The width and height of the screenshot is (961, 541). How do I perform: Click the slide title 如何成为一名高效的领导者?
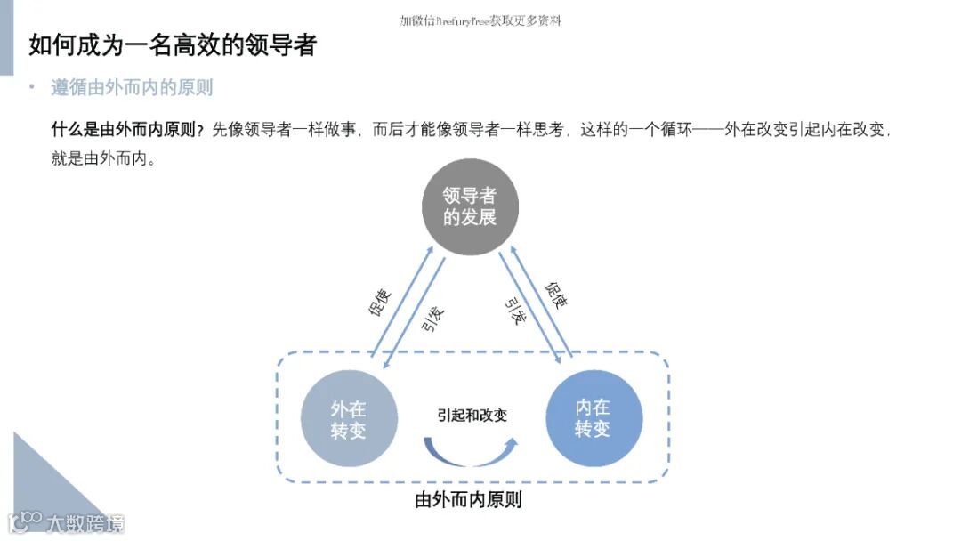tap(173, 45)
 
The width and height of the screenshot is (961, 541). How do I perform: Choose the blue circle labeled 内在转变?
tap(593, 418)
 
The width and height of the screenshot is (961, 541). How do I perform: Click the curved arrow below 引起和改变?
tap(472, 451)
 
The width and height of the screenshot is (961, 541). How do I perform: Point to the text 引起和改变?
tap(472, 415)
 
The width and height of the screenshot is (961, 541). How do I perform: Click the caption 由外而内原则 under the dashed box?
tap(468, 500)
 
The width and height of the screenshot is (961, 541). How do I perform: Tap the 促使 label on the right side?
tap(555, 295)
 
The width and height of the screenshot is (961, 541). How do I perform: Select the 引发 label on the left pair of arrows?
tap(432, 318)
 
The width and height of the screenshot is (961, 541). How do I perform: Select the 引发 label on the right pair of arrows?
tap(514, 311)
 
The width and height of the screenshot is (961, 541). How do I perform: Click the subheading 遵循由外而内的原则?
tap(132, 88)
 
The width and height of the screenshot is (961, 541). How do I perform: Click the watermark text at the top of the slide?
tap(480, 20)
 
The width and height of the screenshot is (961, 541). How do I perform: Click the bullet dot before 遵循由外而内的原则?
tap(32, 88)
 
